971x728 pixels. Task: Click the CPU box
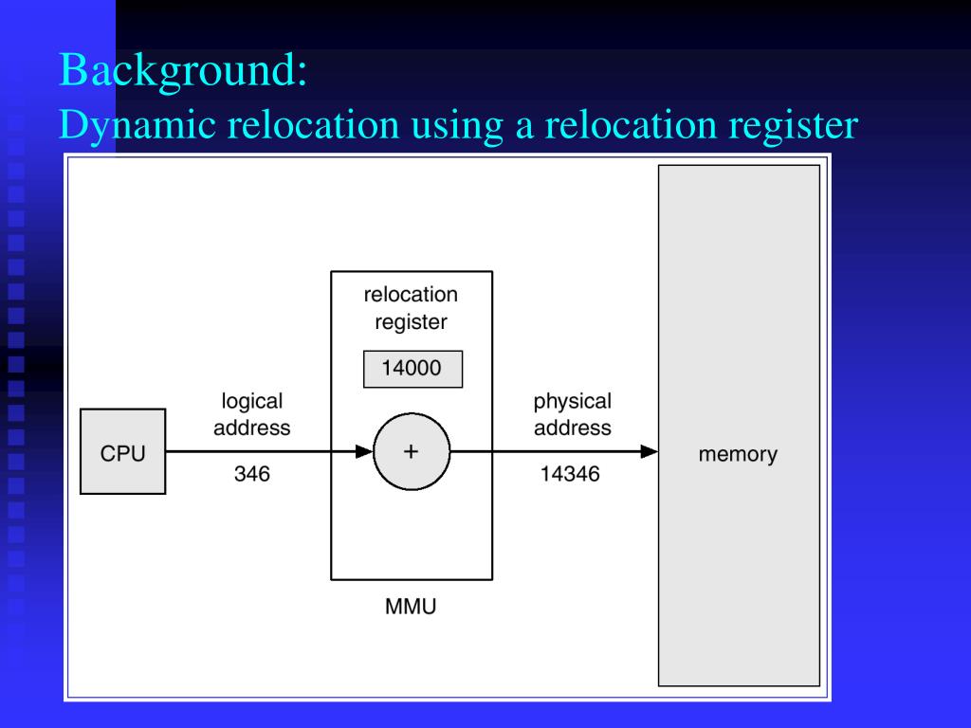[x=123, y=452]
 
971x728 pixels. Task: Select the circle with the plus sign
[x=411, y=452]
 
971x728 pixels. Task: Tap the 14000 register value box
[x=412, y=369]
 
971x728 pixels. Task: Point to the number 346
[x=252, y=474]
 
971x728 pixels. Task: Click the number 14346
[x=570, y=474]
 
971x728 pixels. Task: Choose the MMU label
[x=411, y=607]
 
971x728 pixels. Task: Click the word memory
[x=738, y=454]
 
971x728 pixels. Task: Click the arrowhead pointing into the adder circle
[x=364, y=452]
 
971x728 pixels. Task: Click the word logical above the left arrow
[x=252, y=401]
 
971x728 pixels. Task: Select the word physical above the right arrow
[x=572, y=401]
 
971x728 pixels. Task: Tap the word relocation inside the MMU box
[x=411, y=295]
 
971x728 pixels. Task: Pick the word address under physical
[x=572, y=428]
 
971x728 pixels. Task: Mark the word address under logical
[x=252, y=428]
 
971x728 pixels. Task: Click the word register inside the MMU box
[x=411, y=322]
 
